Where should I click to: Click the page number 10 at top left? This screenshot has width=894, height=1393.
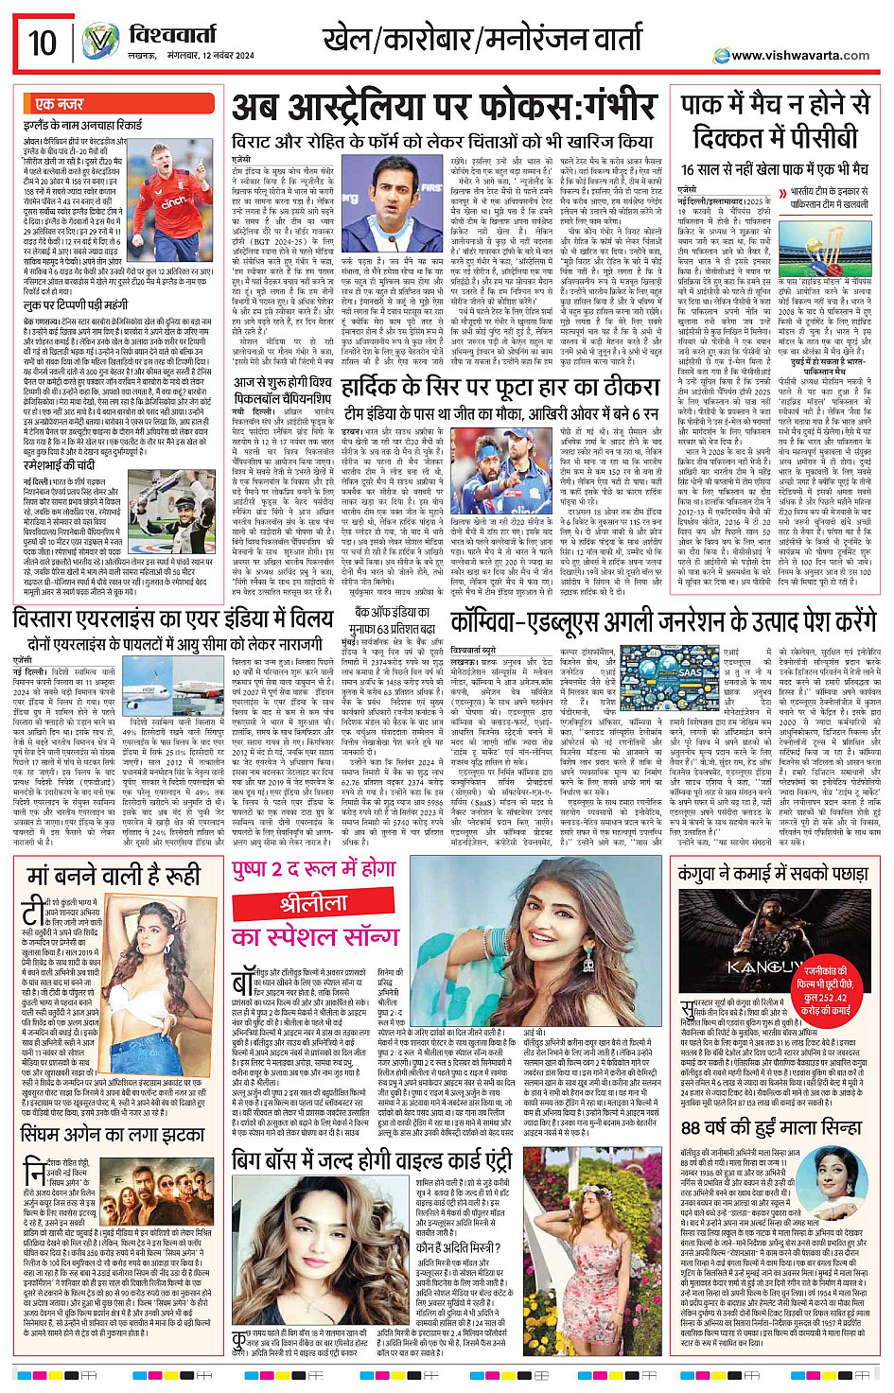click(43, 43)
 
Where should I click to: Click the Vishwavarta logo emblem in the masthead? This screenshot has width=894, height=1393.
click(99, 43)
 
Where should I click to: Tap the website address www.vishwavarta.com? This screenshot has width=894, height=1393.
click(799, 55)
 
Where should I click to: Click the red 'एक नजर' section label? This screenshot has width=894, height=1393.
click(59, 104)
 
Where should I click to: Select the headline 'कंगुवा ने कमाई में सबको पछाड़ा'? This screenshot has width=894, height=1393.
click(773, 874)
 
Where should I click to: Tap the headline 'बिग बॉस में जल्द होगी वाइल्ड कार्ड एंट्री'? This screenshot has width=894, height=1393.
click(372, 1159)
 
